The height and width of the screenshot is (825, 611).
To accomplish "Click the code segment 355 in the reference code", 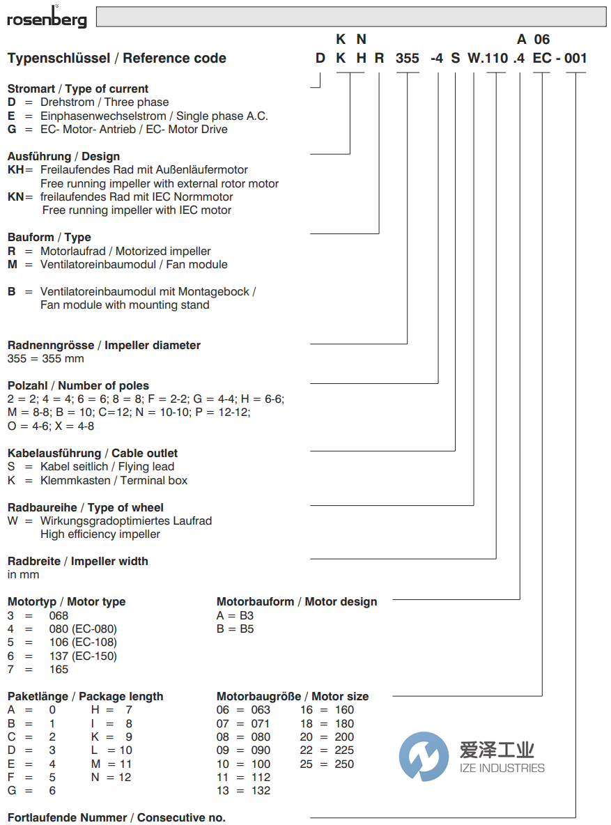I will point(407,58).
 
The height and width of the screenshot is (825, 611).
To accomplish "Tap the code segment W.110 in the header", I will point(488,58).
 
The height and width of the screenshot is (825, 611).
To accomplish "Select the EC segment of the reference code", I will point(542,58).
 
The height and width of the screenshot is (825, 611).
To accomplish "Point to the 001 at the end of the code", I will point(575,58).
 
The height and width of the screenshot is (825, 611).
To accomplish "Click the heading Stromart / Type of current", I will point(78,88).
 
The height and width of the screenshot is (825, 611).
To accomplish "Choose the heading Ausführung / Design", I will point(63,156).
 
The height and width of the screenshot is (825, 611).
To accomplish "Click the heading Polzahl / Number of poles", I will point(78,385).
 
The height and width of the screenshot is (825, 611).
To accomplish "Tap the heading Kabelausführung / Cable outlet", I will point(93,453).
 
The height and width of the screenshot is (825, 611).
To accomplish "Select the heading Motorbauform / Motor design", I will point(297,601).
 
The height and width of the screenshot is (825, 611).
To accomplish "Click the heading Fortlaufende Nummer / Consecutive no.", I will point(116,817).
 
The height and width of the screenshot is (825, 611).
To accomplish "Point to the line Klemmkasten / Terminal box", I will point(114,480).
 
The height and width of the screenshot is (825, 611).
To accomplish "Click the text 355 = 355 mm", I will point(45,358).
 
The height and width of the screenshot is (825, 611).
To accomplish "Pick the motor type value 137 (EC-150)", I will point(83,656).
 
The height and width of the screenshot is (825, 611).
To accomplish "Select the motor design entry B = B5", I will point(235,629).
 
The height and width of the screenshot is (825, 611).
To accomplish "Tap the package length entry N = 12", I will point(111,777).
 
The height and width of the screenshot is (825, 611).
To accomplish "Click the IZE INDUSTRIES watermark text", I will point(502,768).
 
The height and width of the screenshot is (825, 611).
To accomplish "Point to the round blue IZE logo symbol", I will point(424,756).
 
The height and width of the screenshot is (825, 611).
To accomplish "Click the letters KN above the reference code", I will point(351,39).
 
